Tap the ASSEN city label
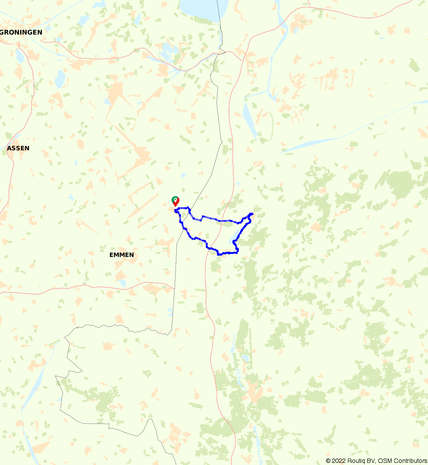pyautogui.click(x=18, y=148)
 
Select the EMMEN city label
pyautogui.click(x=122, y=255)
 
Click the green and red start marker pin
pyautogui.click(x=175, y=201)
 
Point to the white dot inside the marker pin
pyautogui.click(x=175, y=199)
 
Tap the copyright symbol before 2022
pyautogui.click(x=328, y=461)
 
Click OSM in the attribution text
pyautogui.click(x=384, y=461)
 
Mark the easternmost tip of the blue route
pyautogui.click(x=253, y=213)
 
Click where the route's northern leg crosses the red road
pyautogui.click(x=234, y=222)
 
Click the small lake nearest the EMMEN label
pyautogui.click(x=123, y=283)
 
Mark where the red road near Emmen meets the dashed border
pyautogui.click(x=174, y=288)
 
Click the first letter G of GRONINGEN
pyautogui.click(x=3, y=32)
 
